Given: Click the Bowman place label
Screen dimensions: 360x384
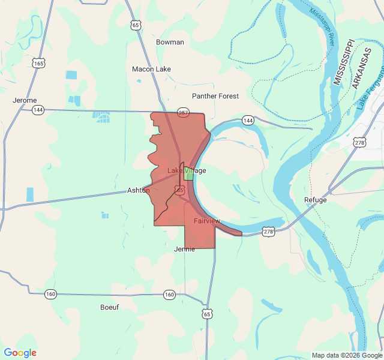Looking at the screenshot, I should tap(170, 42).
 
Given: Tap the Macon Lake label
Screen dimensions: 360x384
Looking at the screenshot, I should tap(151, 69).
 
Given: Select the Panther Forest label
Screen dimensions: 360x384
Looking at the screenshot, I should tap(215, 96).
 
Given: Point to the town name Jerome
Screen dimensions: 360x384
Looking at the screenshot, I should tap(25, 100).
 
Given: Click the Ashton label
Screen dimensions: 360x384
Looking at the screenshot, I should tap(139, 190).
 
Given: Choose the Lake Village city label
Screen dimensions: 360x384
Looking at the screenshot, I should tap(186, 170).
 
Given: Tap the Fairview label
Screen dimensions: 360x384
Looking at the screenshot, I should tap(207, 221).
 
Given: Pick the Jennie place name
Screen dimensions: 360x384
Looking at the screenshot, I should tap(184, 249).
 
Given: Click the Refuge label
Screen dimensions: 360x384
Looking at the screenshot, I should tap(316, 200).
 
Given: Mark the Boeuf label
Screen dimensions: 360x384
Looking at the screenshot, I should tap(109, 307).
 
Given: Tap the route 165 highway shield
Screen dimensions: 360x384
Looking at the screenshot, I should tap(39, 63).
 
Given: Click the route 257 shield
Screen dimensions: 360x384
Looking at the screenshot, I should tap(183, 112).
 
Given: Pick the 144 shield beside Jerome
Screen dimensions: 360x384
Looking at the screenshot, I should tap(38, 110).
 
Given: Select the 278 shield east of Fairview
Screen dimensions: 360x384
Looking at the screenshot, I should tap(268, 232).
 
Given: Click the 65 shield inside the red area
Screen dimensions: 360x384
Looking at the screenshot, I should tap(179, 190).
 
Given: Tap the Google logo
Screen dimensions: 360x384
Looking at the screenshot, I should tap(20, 353).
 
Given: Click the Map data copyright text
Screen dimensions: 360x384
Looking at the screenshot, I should tap(346, 355).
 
